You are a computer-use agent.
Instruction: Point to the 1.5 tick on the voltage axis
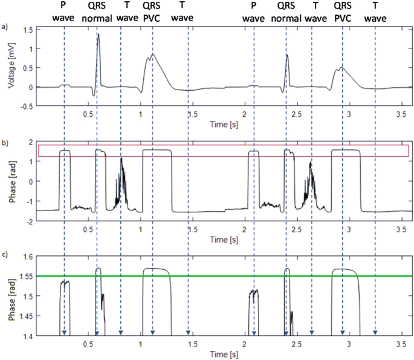tap(27, 28)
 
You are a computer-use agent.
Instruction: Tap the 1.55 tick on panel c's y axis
tap(25, 276)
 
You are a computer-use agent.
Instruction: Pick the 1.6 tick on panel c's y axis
tap(27, 257)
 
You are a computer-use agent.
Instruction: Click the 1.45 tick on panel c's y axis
tap(25, 315)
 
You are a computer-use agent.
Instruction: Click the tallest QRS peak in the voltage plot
tap(98, 34)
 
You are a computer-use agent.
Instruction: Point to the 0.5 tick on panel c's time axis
tap(89, 344)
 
